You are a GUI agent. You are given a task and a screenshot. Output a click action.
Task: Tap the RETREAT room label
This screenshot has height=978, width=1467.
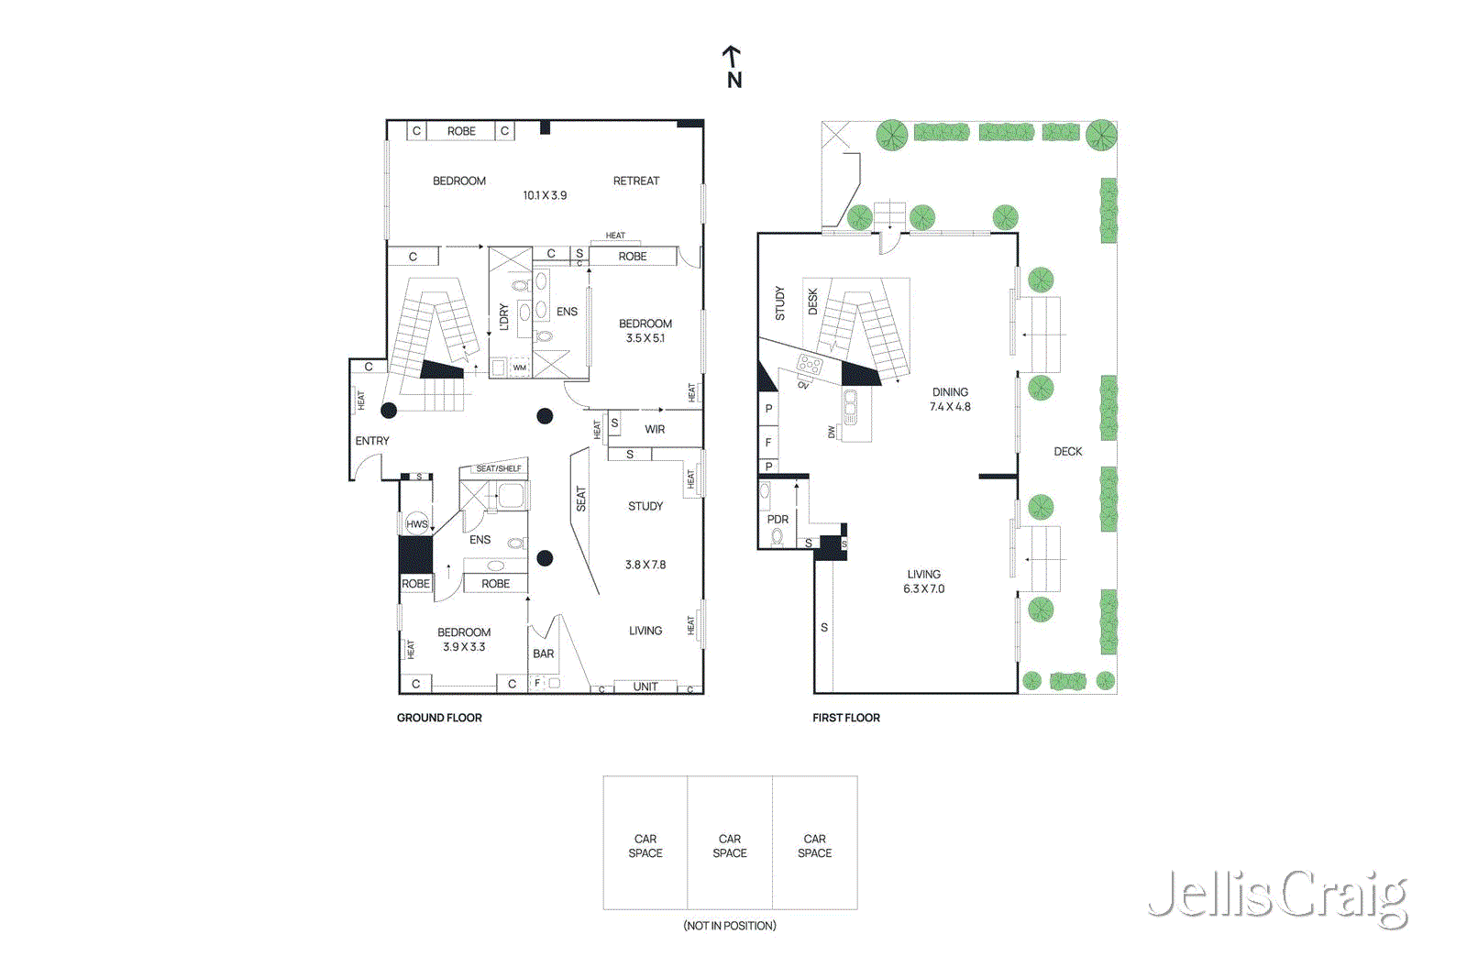[x=635, y=181]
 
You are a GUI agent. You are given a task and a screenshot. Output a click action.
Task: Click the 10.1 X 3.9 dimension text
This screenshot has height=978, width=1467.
[x=545, y=195]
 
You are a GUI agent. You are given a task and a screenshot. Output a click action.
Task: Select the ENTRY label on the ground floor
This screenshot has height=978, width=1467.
[x=371, y=441]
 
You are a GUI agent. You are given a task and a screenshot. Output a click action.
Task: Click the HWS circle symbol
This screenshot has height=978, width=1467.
[x=417, y=524]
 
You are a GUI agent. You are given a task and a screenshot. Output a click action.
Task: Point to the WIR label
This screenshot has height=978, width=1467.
[x=655, y=429]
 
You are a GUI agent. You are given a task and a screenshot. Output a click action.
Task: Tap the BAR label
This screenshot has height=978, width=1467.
[x=543, y=654]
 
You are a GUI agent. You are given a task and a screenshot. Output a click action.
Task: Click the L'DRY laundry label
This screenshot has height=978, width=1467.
[x=503, y=317]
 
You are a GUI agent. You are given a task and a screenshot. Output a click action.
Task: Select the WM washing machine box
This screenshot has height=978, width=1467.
[x=520, y=368]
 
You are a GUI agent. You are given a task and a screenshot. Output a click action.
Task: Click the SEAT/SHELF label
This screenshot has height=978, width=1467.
[x=498, y=468]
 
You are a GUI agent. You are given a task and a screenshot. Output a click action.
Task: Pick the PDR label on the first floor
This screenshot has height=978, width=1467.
[x=778, y=519]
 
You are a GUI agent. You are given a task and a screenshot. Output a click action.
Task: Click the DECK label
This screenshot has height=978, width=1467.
[x=1067, y=451]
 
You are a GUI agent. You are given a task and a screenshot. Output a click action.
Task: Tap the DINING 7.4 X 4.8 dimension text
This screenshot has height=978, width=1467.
[x=950, y=407]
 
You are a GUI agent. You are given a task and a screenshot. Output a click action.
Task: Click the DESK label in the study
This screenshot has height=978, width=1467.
[x=812, y=302]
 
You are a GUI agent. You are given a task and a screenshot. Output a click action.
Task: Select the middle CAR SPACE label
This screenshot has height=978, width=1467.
[x=730, y=845]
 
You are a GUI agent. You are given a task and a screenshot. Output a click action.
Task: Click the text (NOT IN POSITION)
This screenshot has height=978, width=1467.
[x=730, y=926]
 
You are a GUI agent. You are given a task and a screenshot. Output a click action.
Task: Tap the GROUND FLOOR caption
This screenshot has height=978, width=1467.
[x=438, y=718]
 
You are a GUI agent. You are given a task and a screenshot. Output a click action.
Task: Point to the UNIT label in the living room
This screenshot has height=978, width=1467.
[x=645, y=687]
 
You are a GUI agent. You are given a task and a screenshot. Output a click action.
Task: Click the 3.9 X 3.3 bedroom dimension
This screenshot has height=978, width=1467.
[x=464, y=647]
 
